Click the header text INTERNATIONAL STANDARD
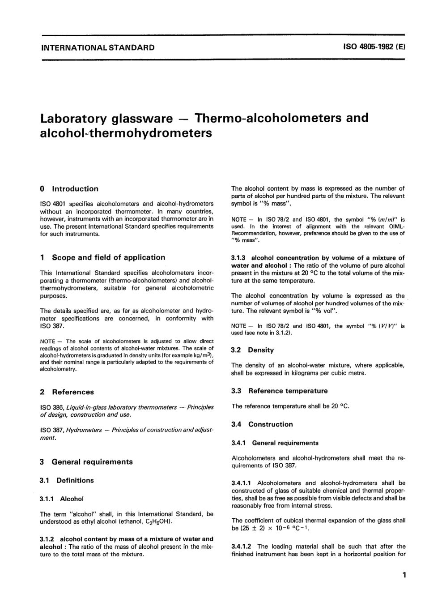[98, 47]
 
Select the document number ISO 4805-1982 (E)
[374, 47]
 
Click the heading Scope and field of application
[108, 257]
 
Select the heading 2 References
[67, 392]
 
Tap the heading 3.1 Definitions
[67, 480]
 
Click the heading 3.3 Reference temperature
[279, 391]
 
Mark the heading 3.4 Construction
[262, 424]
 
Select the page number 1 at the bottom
[404, 575]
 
